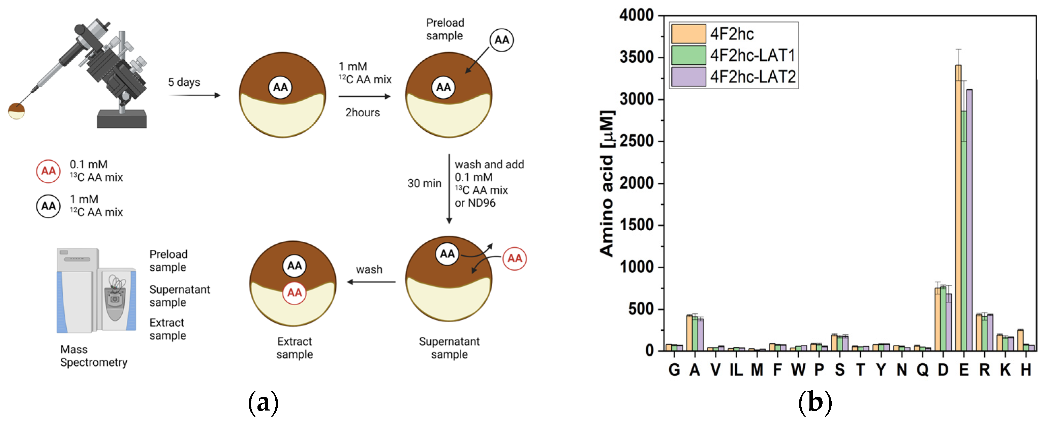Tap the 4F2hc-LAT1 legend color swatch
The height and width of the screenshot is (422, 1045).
coord(688,55)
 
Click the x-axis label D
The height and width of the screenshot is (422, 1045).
coord(943,370)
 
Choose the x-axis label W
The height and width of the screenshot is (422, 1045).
coord(798,370)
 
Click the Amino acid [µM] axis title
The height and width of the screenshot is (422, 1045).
coord(607,183)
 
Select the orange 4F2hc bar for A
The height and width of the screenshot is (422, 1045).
coord(689,333)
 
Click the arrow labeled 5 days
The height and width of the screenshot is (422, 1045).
coord(195,95)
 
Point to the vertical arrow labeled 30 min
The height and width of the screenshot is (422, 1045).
coord(449,189)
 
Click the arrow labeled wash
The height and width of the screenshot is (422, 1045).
coord(371,281)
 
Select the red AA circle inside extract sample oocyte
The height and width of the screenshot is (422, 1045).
coord(295,293)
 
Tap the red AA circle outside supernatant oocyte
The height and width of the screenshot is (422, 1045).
coord(514,259)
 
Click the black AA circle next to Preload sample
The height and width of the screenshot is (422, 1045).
coord(501,40)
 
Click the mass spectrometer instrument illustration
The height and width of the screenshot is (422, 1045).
coord(96,291)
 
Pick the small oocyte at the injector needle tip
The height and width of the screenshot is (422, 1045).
coord(17,111)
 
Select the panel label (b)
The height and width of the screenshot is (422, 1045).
coord(815,402)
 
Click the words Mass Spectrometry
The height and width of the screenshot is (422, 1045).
coord(93,356)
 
